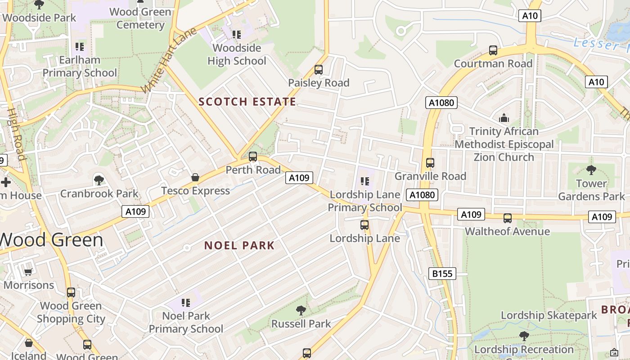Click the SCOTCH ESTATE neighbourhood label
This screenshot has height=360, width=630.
(x=247, y=102)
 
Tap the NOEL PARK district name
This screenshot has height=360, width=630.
(x=239, y=245)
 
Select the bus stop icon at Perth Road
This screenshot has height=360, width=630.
(x=253, y=157)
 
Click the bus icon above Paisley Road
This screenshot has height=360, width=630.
(x=319, y=70)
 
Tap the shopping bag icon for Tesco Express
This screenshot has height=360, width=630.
(x=195, y=177)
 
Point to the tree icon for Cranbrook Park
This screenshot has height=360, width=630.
(x=99, y=180)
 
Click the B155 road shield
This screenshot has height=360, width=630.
(x=442, y=273)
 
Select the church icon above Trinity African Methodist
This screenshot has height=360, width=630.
(x=504, y=118)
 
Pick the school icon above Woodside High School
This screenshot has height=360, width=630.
(x=237, y=35)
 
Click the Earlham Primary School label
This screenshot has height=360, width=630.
(x=80, y=67)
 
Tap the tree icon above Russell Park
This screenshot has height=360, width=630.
(x=301, y=310)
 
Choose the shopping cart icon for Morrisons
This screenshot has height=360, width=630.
(x=28, y=272)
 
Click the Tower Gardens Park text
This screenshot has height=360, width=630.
(x=591, y=190)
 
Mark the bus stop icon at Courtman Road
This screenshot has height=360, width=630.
(x=493, y=50)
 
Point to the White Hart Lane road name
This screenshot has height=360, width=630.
(x=169, y=60)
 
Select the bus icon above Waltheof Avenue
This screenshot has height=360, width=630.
(x=508, y=218)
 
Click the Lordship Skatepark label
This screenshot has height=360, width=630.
(x=549, y=315)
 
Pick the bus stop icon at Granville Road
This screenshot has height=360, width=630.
(x=430, y=163)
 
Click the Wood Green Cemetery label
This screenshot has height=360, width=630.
(x=140, y=18)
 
